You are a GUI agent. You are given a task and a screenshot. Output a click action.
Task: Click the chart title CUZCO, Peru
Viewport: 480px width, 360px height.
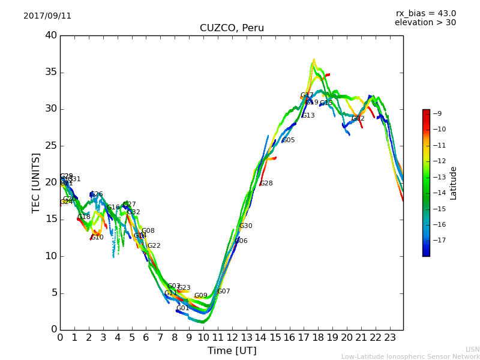pyautogui.click(x=232, y=28)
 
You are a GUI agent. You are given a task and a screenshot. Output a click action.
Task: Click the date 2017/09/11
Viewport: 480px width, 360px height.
pyautogui.click(x=47, y=16)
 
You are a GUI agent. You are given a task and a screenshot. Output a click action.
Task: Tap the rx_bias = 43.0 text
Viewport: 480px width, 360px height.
pyautogui.click(x=425, y=13)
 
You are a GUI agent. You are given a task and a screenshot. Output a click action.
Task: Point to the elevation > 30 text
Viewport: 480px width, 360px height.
pyautogui.click(x=425, y=23)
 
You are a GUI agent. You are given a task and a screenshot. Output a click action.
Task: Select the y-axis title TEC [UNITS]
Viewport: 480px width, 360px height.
pyautogui.click(x=36, y=182)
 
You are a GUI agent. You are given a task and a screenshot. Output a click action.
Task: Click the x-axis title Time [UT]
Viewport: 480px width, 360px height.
pyautogui.click(x=232, y=351)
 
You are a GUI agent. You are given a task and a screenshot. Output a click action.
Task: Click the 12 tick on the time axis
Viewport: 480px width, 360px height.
pyautogui.click(x=232, y=338)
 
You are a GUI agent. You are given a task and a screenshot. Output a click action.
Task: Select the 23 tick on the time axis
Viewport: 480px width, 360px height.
pyautogui.click(x=389, y=338)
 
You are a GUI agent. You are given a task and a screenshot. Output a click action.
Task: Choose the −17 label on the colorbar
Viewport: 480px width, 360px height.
pyautogui.click(x=439, y=241)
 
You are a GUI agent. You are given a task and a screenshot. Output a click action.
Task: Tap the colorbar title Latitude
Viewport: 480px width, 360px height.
pyautogui.click(x=454, y=183)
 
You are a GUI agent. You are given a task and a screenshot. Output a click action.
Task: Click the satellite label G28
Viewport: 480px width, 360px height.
pyautogui.click(x=266, y=184)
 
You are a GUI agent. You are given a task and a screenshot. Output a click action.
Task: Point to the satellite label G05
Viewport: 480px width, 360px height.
pyautogui.click(x=289, y=140)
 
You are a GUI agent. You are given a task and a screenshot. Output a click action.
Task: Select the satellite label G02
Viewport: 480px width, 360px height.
pyautogui.click(x=358, y=119)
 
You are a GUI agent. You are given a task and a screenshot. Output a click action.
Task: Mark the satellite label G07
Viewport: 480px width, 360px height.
pyautogui.click(x=224, y=292)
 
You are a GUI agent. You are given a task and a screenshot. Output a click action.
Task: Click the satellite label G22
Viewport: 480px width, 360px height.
pyautogui.click(x=154, y=246)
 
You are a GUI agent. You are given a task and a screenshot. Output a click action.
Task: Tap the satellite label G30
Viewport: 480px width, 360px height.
pyautogui.click(x=246, y=226)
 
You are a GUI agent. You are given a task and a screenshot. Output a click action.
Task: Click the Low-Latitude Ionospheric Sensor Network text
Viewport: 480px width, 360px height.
pyautogui.click(x=410, y=357)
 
